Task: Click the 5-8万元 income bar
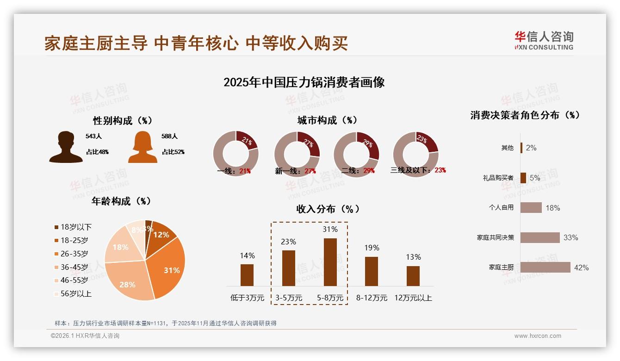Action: coord(330,262)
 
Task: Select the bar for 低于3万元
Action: coord(247,275)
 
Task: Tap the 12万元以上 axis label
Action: coord(413,298)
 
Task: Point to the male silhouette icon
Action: coord(66,147)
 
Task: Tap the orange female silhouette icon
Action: coord(143,147)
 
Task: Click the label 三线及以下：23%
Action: coord(418,170)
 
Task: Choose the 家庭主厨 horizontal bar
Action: coord(545,267)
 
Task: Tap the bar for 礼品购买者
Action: coord(523,178)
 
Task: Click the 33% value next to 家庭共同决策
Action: coord(570,237)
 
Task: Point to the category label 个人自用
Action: coord(501,207)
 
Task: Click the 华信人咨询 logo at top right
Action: coord(544,40)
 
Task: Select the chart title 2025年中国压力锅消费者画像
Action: coord(304,82)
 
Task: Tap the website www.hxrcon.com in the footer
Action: coord(538,336)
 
